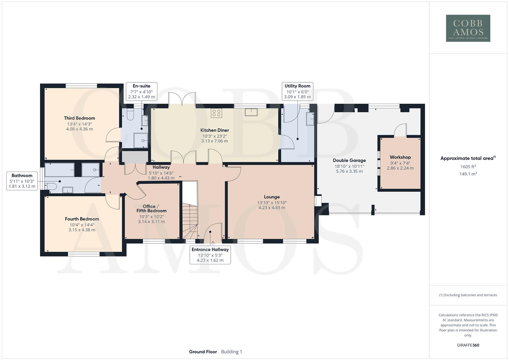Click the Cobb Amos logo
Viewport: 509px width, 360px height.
point(468,28)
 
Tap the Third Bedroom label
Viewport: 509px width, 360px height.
point(79,118)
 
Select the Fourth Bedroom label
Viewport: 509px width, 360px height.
point(82,219)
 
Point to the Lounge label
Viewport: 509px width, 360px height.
point(272,197)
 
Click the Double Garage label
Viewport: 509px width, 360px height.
point(349,160)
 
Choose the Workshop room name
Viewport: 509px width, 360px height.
point(400,157)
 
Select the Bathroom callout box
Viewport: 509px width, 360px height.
point(22,181)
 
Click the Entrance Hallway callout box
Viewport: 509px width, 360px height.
point(210,255)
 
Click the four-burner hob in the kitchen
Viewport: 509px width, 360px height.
point(216,113)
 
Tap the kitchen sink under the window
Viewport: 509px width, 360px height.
point(251,112)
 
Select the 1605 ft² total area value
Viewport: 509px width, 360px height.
point(468,167)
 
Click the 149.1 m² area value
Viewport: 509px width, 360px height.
point(468,174)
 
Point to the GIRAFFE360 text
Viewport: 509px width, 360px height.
point(468,345)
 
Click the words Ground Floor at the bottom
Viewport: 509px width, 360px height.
point(203,352)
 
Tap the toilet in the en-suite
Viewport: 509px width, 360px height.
point(130,115)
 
